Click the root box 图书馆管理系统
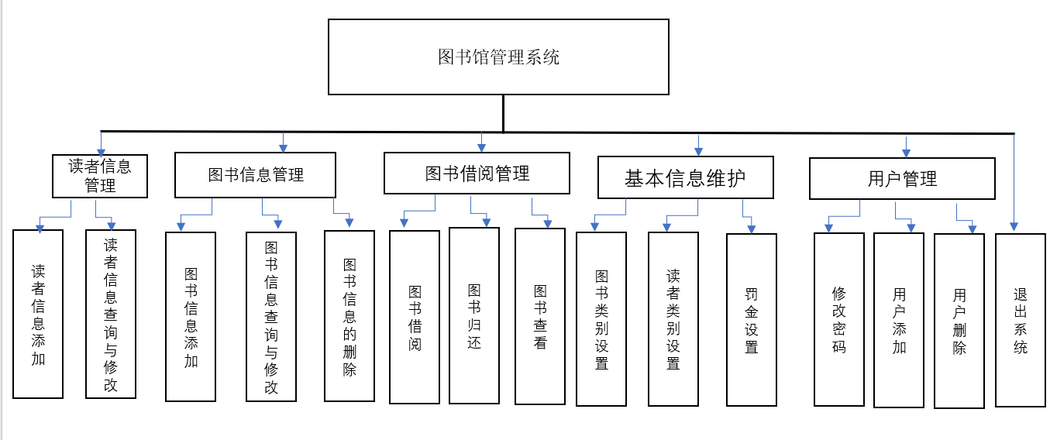click(498, 57)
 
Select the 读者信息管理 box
click(100, 176)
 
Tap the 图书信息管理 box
click(255, 175)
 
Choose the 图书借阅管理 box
click(477, 173)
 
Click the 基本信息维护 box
click(685, 178)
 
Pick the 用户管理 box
click(902, 179)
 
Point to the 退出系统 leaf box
click(1021, 319)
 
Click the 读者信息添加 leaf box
click(38, 315)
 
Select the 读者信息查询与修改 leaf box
click(111, 314)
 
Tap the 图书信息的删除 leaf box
click(349, 316)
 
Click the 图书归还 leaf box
click(474, 316)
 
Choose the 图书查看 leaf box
click(540, 317)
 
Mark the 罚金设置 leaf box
click(751, 320)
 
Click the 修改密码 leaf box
click(838, 319)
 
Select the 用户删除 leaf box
click(959, 321)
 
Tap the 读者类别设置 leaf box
click(673, 319)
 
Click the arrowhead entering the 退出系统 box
click(1014, 226)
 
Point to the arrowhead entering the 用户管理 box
click(907, 153)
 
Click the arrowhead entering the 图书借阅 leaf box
click(404, 224)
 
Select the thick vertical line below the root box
click(503, 113)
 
